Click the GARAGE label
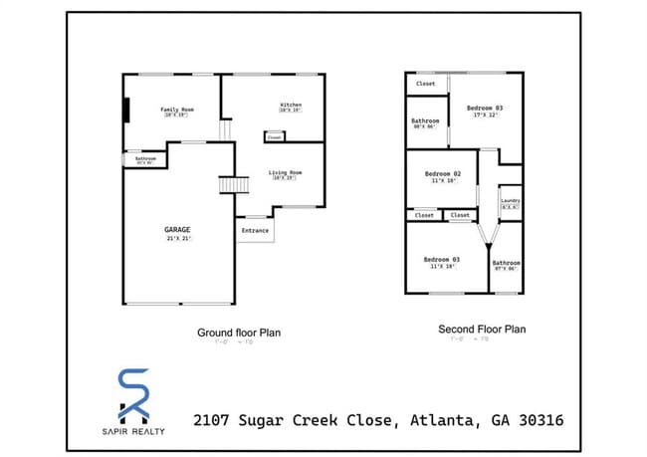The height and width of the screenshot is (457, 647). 177,230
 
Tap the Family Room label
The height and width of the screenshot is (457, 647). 177,109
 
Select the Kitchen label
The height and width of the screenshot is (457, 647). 291,105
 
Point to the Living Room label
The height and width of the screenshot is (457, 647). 285,173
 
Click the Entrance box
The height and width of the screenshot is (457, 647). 255,230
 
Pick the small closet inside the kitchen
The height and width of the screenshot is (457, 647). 274,136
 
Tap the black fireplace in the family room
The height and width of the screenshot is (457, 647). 126,109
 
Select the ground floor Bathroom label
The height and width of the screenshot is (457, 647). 146,158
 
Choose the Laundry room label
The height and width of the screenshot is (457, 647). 511,200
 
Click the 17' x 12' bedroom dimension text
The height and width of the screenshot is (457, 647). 485,114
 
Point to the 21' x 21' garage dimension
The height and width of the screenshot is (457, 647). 177,240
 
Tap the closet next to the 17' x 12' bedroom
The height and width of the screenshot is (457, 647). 425,84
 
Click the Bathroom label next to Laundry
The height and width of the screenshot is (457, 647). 507,262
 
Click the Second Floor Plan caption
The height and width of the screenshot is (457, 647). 482,329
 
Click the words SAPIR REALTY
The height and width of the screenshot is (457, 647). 135,431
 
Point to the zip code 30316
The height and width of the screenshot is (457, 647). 536,420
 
